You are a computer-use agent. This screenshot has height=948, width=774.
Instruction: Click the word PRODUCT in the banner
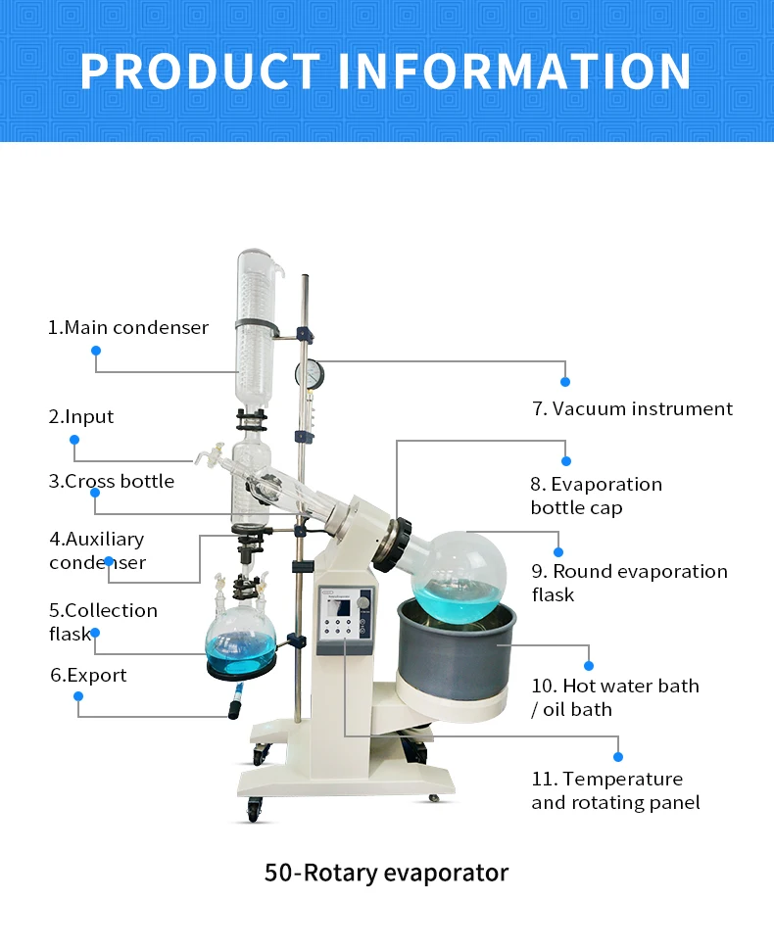click(200, 71)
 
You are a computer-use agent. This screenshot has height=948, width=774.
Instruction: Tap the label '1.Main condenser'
click(128, 327)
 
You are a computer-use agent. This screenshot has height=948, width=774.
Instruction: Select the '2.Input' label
click(81, 416)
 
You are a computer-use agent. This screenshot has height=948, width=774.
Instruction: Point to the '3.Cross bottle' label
click(112, 481)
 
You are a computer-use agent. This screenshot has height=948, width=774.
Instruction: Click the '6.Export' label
click(88, 675)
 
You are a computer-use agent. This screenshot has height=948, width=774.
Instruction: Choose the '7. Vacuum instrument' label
click(632, 408)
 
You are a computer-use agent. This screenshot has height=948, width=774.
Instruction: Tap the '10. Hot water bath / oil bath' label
click(615, 697)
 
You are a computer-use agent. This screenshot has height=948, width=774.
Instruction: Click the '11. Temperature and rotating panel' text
click(615, 790)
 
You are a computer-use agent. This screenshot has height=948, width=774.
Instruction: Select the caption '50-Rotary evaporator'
click(386, 872)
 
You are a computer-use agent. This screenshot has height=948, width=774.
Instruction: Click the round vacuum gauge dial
click(310, 373)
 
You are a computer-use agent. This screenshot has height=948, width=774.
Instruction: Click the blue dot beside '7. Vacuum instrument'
click(565, 381)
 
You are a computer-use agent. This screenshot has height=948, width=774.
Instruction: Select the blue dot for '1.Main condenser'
click(96, 351)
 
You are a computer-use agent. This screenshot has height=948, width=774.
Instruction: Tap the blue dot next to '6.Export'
click(78, 696)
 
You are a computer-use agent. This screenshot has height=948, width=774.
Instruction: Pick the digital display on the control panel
click(342, 608)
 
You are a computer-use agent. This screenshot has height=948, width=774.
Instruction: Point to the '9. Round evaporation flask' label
click(629, 583)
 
